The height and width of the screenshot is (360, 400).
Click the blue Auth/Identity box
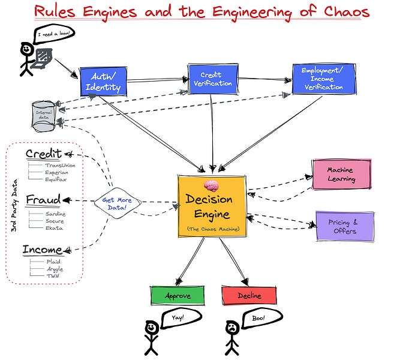click(103, 82)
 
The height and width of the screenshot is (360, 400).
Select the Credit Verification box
click(213, 79)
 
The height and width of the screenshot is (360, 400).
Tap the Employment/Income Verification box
click(324, 79)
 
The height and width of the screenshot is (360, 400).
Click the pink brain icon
click(211, 185)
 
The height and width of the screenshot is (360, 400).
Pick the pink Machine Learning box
click(342, 175)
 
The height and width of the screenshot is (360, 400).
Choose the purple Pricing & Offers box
click(345, 226)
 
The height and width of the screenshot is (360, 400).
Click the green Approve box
click(178, 296)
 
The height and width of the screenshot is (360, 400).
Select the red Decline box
click(249, 295)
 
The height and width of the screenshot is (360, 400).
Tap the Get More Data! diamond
click(118, 203)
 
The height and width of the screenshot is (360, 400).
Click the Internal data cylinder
click(44, 116)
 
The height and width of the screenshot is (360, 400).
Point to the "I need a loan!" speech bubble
click(54, 34)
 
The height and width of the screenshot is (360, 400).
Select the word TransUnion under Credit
click(60, 166)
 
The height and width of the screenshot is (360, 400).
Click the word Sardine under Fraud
click(56, 214)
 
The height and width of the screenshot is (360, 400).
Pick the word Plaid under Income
click(53, 262)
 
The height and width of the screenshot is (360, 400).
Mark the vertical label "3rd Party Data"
click(14, 206)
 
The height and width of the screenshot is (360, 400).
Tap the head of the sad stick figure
click(232, 328)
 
